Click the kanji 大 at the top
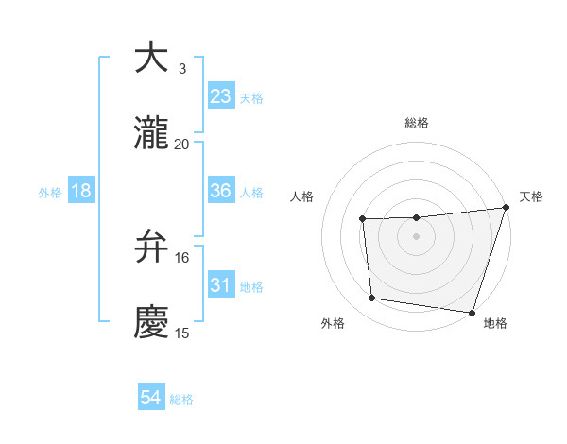[x=151, y=58]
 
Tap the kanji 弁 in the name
[x=151, y=247]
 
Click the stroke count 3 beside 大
[x=182, y=68]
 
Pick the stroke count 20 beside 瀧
[x=182, y=144]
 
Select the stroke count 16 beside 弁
[x=182, y=257]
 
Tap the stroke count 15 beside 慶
[x=182, y=333]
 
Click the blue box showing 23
[x=221, y=96]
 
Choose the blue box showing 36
[x=221, y=191]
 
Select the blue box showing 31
[x=221, y=285]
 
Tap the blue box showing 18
[x=81, y=191]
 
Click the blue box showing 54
[x=151, y=399]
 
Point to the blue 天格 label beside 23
[x=251, y=98]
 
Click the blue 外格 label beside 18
[x=50, y=193]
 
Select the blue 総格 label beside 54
[x=181, y=401]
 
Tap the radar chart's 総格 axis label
[x=417, y=123]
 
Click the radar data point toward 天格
[x=506, y=208]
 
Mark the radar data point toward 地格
[x=472, y=312]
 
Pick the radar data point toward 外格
[x=372, y=299]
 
